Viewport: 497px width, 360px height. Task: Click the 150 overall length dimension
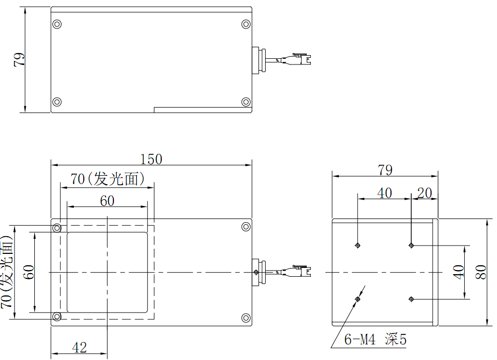coord(151,159)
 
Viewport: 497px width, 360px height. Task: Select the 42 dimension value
coord(80,348)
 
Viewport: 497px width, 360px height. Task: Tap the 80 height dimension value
coord(482,272)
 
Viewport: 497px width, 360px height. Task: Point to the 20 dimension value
coord(424,193)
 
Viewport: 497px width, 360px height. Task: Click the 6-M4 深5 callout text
coord(375,340)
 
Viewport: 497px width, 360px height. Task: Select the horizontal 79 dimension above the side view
coord(385,170)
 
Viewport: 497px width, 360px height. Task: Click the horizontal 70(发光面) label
coord(107,179)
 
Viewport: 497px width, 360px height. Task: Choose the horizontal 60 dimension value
coord(107,201)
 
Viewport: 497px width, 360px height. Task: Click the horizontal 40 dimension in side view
coord(384,193)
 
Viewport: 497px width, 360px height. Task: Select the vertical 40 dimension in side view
coord(458,272)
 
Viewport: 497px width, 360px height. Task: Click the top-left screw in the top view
coord(57,24)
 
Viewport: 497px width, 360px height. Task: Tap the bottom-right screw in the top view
coord(246,101)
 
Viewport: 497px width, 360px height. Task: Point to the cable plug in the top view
coord(302,59)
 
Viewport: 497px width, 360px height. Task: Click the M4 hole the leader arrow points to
coord(358,299)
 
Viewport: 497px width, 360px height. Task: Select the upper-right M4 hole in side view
coord(411,245)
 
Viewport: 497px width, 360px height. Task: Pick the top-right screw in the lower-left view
coord(246,227)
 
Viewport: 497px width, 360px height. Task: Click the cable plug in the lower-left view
coord(302,271)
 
